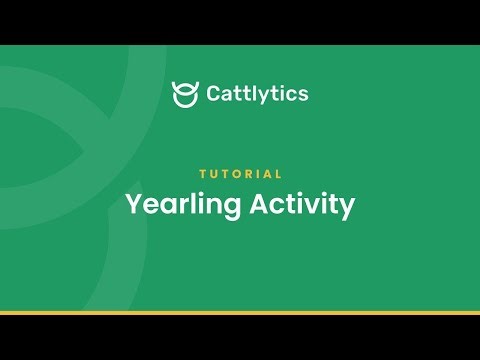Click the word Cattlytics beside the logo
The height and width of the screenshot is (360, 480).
click(x=257, y=94)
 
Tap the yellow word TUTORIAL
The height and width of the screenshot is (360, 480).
click(x=240, y=174)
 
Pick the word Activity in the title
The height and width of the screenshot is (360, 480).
click(x=301, y=205)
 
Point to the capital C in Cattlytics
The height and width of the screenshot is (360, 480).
click(x=214, y=94)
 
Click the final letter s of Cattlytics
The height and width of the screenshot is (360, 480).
click(x=303, y=95)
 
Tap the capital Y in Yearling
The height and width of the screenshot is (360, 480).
click(x=133, y=204)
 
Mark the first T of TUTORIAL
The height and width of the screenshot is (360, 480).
click(x=201, y=174)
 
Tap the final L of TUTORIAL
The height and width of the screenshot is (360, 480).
click(x=279, y=174)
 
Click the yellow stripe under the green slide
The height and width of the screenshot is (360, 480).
click(x=240, y=313)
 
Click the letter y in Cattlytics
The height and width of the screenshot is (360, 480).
click(x=265, y=97)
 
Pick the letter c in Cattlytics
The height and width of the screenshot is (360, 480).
click(x=292, y=95)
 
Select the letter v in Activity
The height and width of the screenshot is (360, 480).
click(x=310, y=206)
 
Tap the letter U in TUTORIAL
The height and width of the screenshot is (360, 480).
click(x=212, y=174)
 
